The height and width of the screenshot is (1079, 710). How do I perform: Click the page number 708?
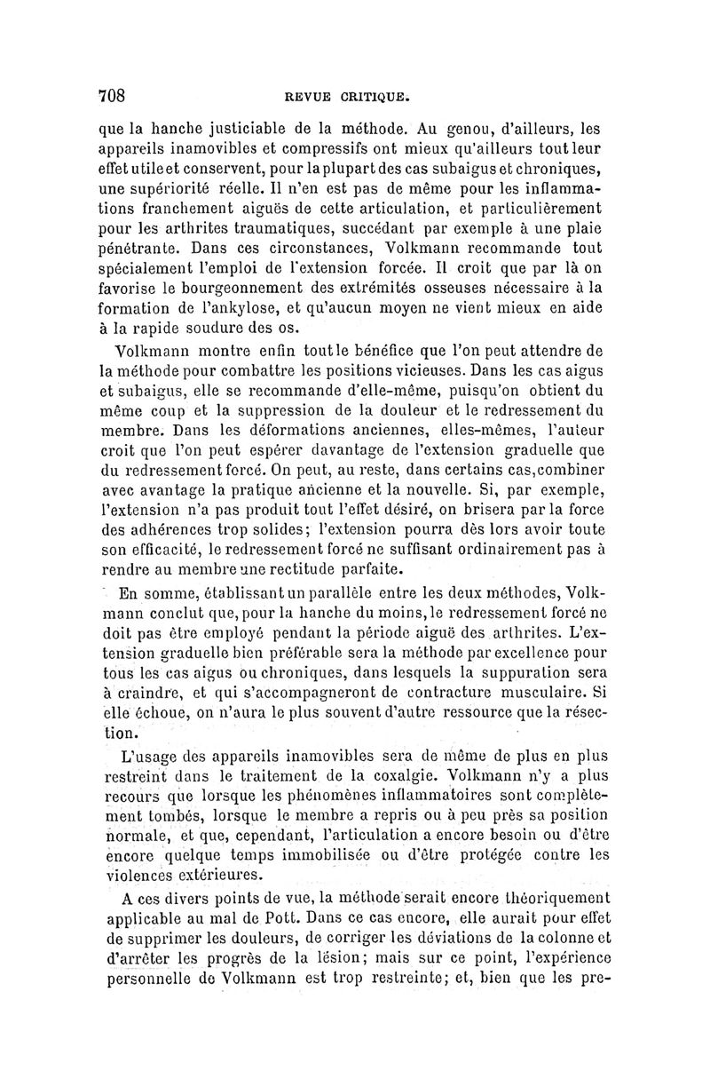click(x=114, y=94)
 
